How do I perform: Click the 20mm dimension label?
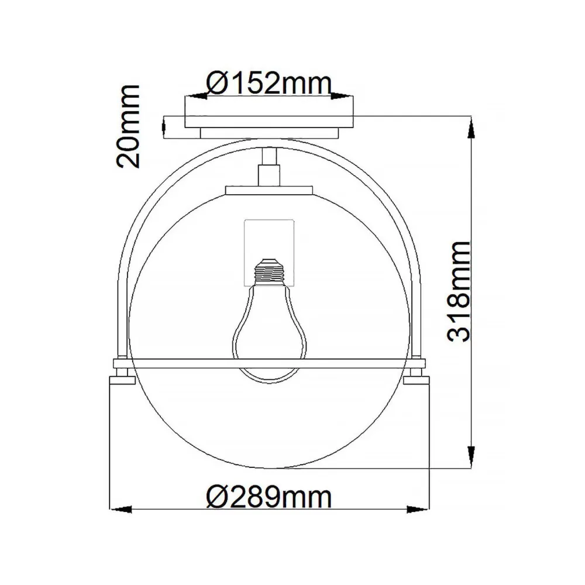click(128, 126)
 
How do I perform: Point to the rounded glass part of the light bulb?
click(269, 339)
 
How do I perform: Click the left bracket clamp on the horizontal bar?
click(122, 372)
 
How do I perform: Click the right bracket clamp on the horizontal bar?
click(417, 372)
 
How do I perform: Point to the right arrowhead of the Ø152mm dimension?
click(345, 95)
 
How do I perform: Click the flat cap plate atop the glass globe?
click(269, 190)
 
